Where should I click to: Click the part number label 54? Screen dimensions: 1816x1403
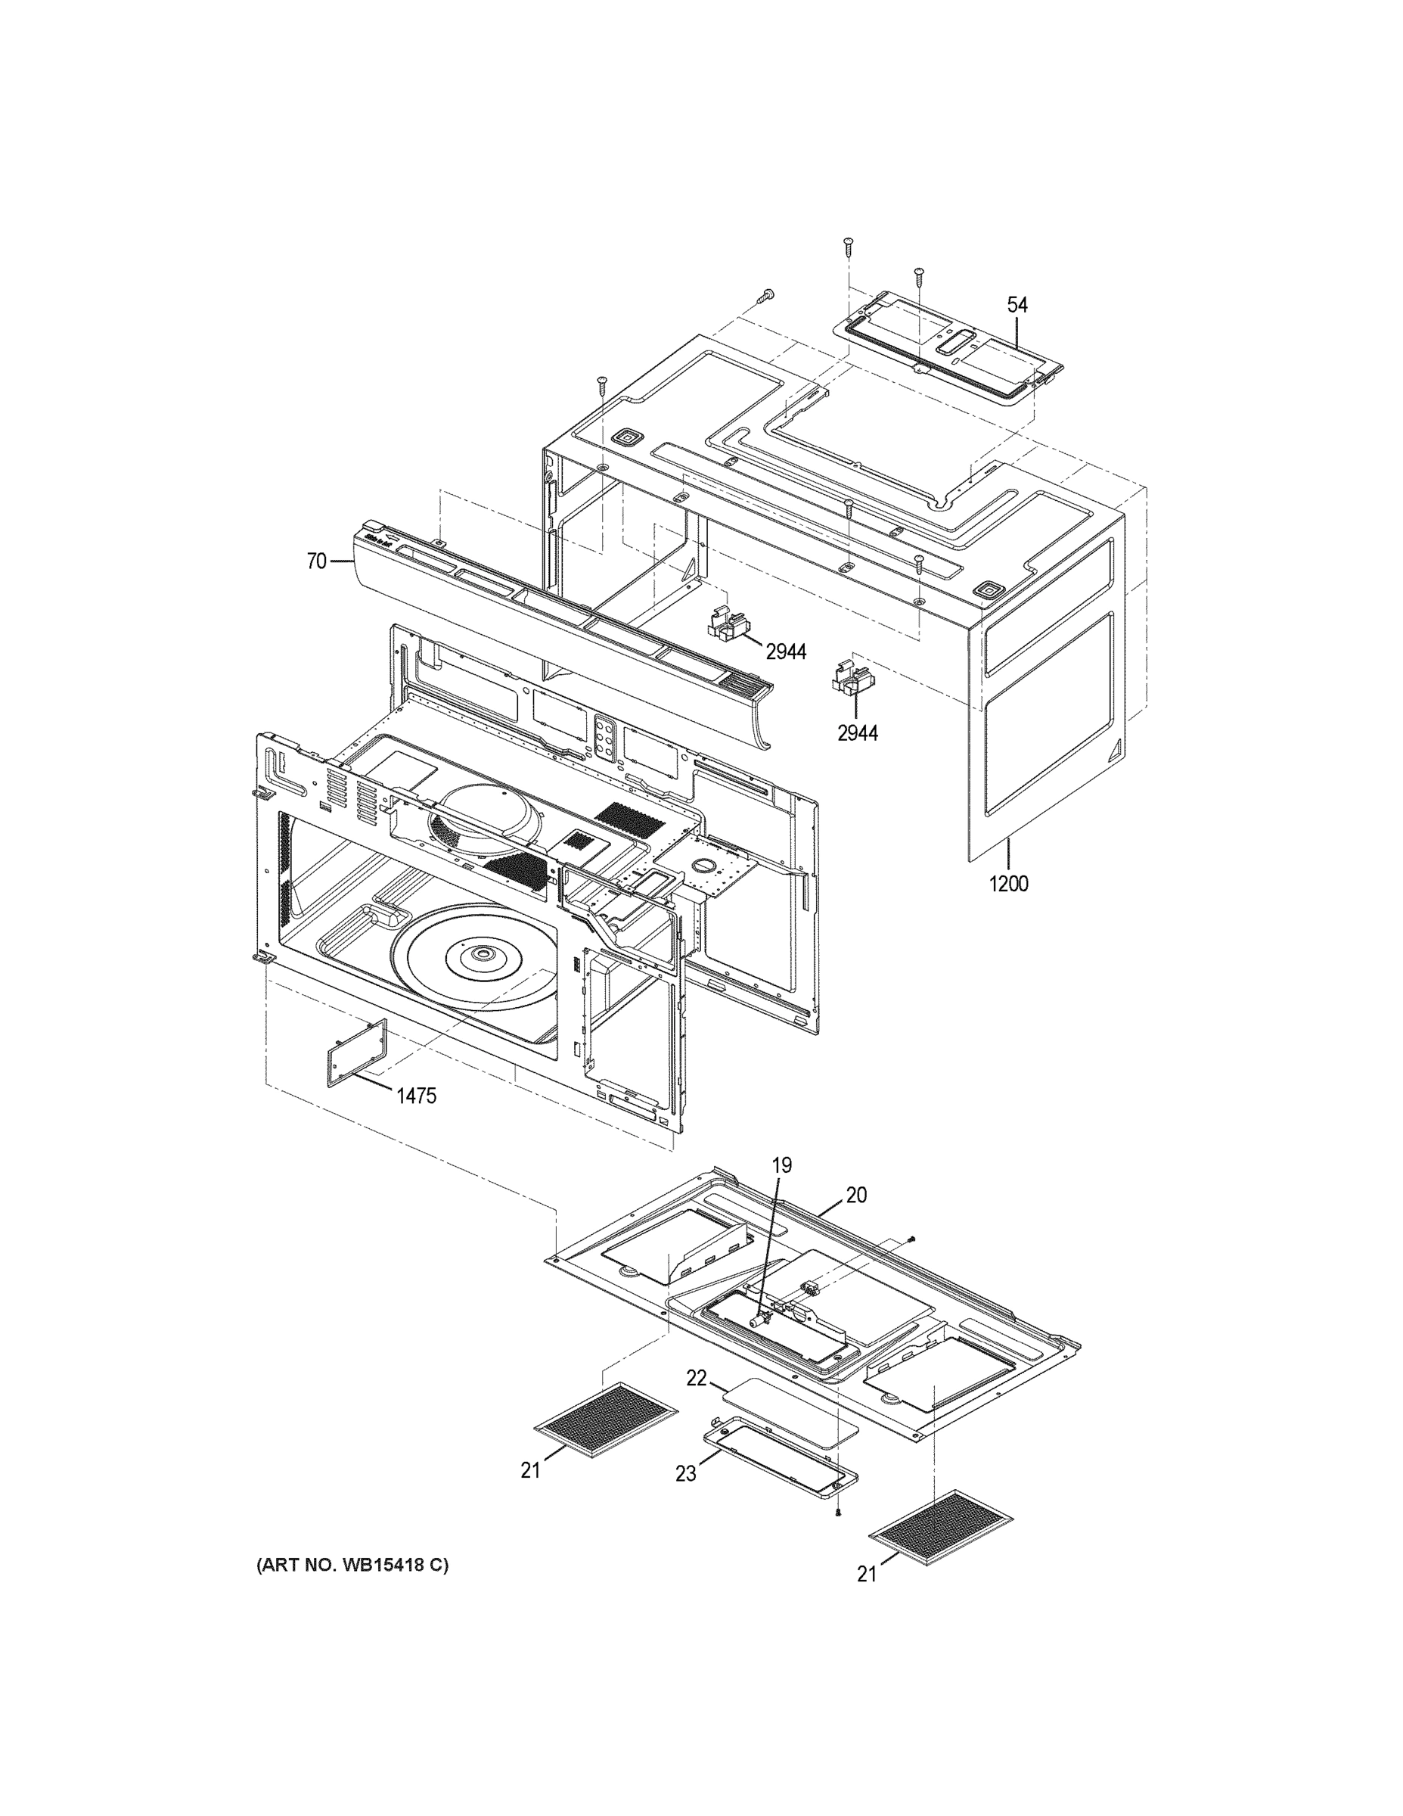[1017, 305]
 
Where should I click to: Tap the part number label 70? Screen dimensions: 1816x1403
[316, 561]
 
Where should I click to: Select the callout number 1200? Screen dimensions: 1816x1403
[1008, 883]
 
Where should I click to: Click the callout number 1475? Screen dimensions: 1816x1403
[415, 1096]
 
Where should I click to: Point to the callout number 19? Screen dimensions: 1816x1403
[782, 1166]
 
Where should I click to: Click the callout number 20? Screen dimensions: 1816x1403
[856, 1195]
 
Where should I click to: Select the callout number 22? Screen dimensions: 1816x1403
[696, 1378]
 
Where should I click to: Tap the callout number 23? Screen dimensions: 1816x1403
[686, 1473]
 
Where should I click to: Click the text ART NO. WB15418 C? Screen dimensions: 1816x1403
[352, 1566]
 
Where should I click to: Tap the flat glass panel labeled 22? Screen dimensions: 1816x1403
[790, 1411]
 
